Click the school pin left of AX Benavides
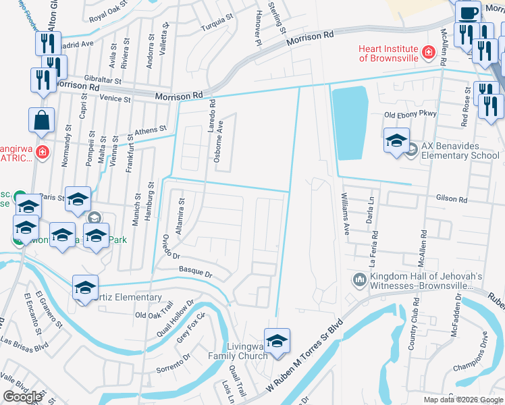pos(396,141)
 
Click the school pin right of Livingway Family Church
pos(276,342)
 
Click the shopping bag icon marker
pos(41,121)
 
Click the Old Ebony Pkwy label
pos(410,115)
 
